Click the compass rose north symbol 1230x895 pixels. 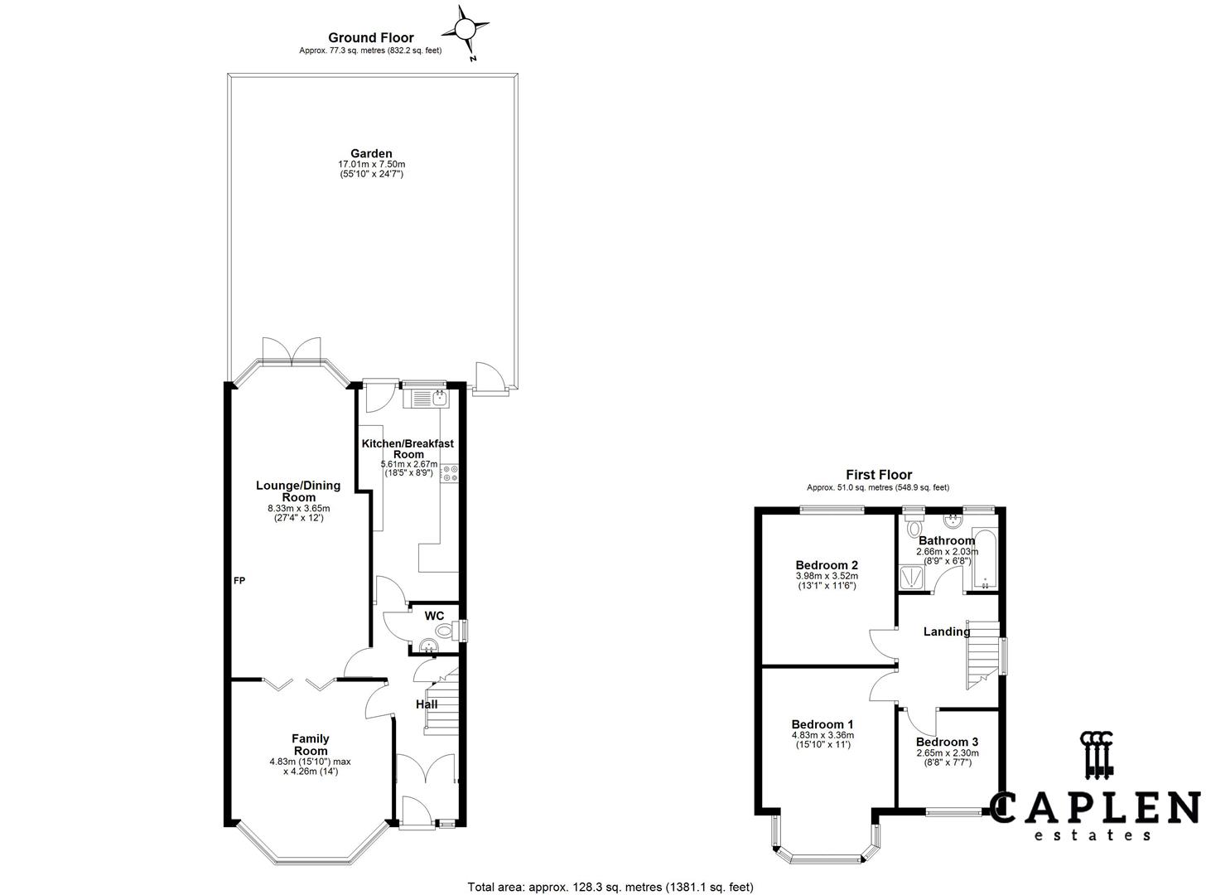click(465, 30)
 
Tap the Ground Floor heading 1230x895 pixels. click(370, 38)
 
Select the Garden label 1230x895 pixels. click(371, 154)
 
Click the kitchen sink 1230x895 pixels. click(426, 399)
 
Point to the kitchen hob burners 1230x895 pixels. click(451, 473)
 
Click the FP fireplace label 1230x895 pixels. click(239, 580)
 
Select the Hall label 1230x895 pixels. click(426, 704)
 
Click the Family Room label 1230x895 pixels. click(311, 744)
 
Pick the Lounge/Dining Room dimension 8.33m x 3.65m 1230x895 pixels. click(299, 508)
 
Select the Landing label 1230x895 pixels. click(947, 631)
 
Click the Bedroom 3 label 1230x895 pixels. click(948, 743)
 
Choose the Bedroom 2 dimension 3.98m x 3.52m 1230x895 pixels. click(827, 576)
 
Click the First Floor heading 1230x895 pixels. click(879, 475)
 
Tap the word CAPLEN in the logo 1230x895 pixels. click(1095, 807)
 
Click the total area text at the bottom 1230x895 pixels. click(610, 887)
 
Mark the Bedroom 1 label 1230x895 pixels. click(822, 724)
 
